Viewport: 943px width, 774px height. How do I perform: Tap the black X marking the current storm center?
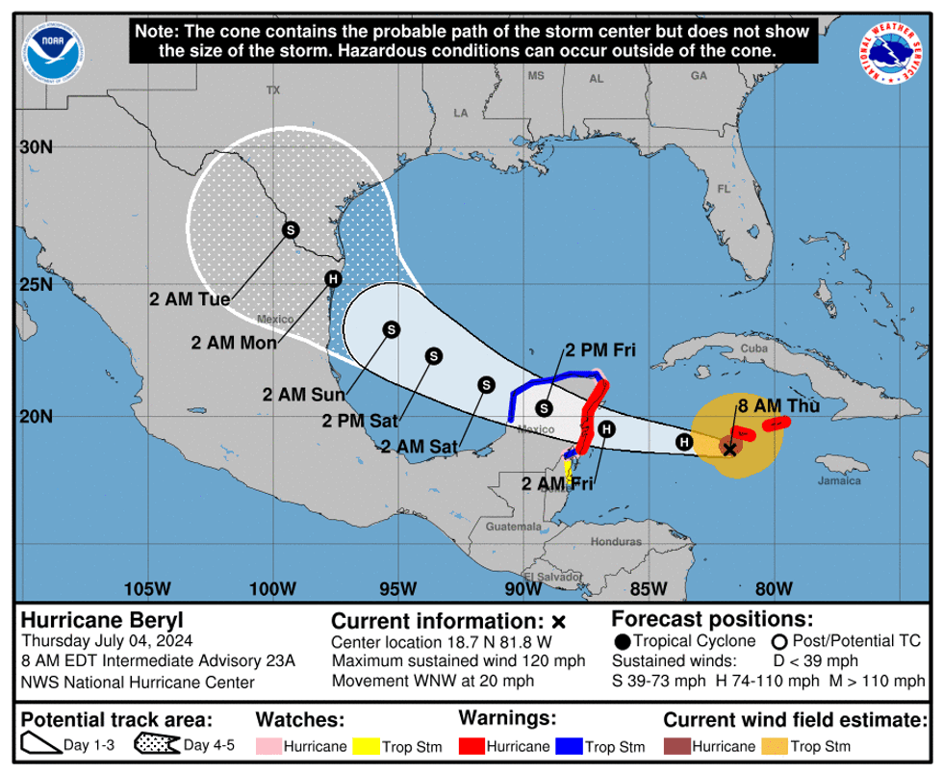[729, 449]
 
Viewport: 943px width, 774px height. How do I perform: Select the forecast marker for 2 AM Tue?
[290, 229]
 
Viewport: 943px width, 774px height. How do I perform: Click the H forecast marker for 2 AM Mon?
[333, 279]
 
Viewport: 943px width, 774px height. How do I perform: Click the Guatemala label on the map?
[513, 527]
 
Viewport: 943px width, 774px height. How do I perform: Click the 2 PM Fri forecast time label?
[601, 349]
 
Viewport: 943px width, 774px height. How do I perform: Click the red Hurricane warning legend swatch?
[471, 746]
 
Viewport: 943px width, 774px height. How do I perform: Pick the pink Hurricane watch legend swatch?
[268, 746]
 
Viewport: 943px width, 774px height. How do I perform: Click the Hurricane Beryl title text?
[88, 620]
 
